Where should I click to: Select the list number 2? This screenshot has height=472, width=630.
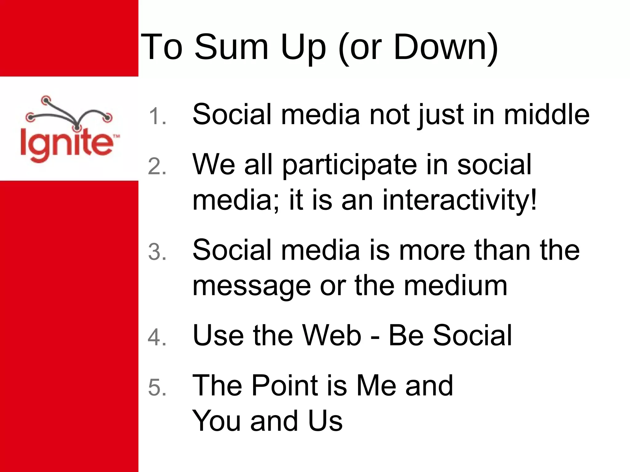(157, 167)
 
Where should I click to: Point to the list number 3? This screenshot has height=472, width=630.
(157, 252)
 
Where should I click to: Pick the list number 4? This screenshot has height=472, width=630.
(157, 337)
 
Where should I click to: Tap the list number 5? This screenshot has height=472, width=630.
(157, 387)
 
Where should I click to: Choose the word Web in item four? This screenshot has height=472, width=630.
(332, 335)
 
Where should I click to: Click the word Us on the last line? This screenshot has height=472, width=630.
(325, 421)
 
